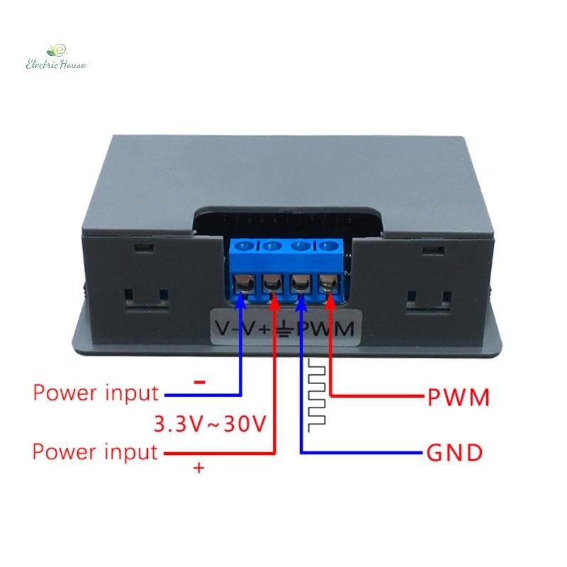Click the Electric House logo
click(56, 57)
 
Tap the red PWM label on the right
click(458, 397)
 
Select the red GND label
click(454, 453)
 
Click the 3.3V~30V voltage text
click(210, 423)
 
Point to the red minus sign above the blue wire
click(200, 382)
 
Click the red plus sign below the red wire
click(199, 468)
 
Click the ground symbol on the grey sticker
click(286, 328)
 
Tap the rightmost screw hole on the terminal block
click(329, 247)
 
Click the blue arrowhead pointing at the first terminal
click(240, 302)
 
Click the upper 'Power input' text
click(96, 393)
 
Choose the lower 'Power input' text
click(95, 452)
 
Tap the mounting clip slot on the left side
click(147, 300)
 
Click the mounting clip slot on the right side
click(429, 301)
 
